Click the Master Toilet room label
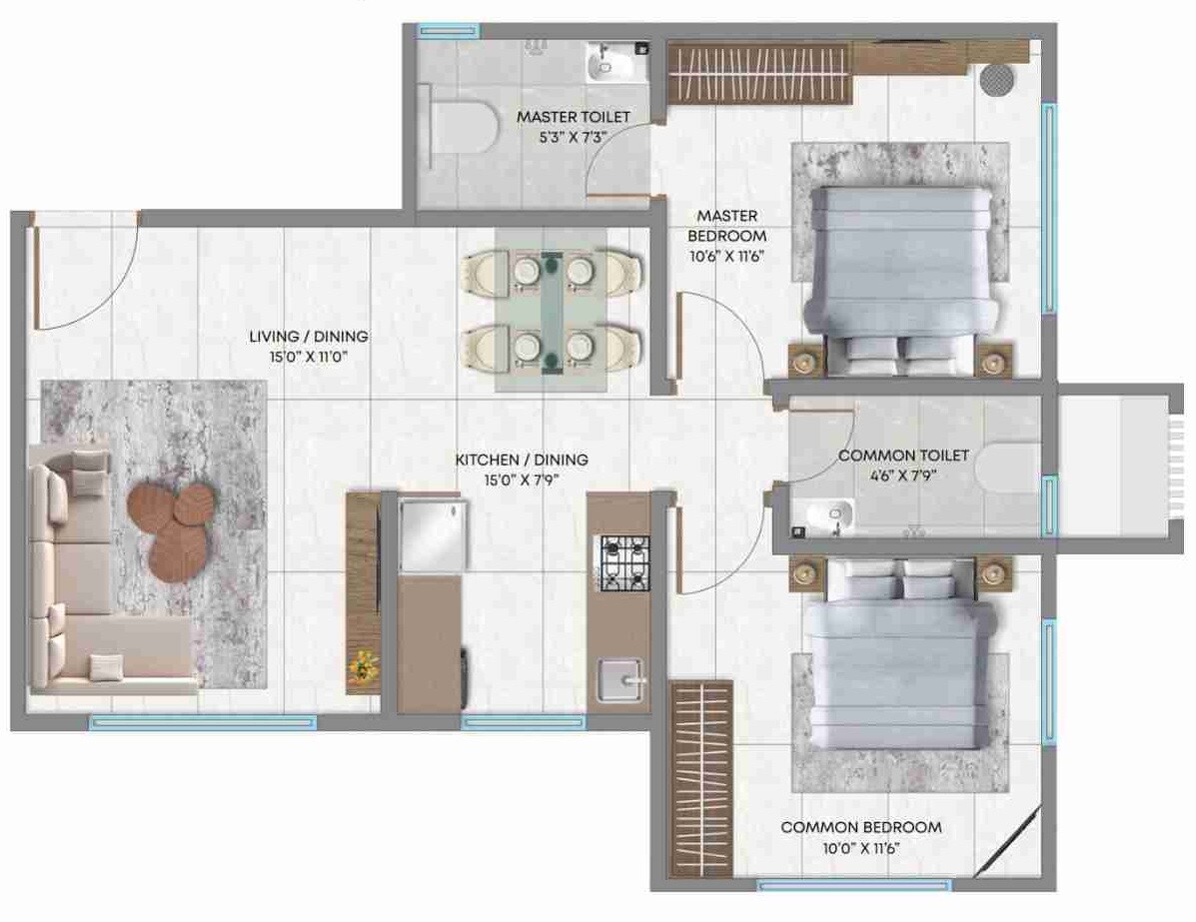[574, 117]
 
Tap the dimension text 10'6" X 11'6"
[725, 256]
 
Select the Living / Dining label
[308, 337]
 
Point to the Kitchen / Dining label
[522, 460]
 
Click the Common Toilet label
[902, 456]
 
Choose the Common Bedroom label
[860, 827]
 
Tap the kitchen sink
[619, 682]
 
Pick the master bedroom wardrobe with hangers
[759, 73]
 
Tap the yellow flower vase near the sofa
[361, 667]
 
